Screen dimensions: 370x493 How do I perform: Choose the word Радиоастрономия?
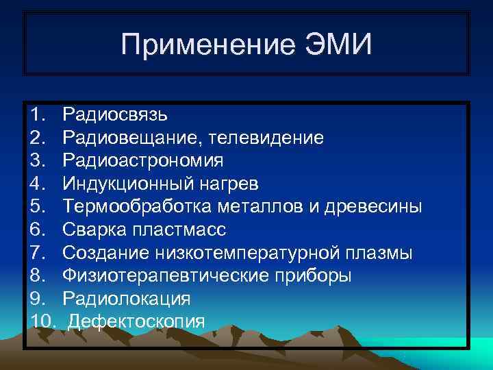click(x=142, y=160)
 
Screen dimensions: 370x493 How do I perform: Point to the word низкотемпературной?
click(x=246, y=253)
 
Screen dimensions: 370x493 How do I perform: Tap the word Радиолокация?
click(x=126, y=299)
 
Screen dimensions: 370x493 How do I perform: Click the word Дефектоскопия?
click(x=136, y=321)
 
